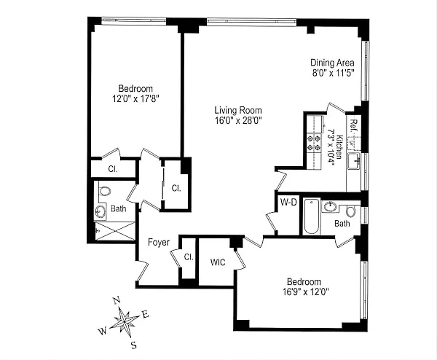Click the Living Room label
237,110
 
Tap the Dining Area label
332,63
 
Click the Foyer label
159,242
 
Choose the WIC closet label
218,262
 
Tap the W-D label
287,202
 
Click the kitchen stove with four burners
316,141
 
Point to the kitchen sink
355,162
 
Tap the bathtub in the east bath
311,217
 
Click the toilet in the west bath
104,192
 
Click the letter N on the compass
116,300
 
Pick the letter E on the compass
146,313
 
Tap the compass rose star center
126,321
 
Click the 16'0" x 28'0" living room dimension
237,121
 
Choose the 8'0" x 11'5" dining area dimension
332,73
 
